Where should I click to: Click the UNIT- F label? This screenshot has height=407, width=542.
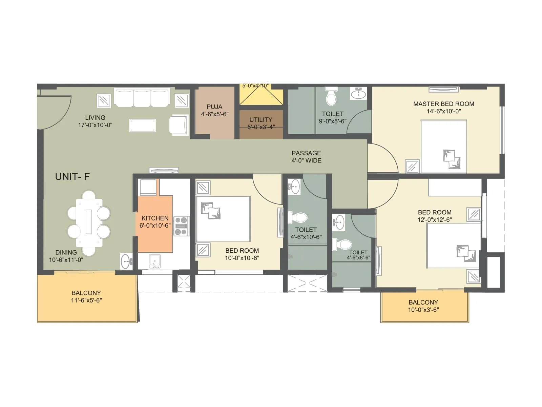point(72,176)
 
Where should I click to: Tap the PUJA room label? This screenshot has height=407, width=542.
point(214,107)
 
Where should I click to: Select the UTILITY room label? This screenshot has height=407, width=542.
point(261,120)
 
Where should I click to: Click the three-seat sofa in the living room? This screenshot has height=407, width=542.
point(142,98)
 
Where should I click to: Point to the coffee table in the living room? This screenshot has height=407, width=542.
point(143,125)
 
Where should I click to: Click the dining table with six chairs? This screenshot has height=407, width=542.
point(89,223)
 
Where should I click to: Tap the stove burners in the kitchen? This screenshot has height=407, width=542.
point(181,226)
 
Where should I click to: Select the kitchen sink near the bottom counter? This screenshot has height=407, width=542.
point(154,261)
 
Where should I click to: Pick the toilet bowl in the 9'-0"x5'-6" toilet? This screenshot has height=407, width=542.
point(331,98)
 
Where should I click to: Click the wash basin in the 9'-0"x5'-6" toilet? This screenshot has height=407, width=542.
point(358,93)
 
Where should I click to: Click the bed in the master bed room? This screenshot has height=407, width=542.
point(443,147)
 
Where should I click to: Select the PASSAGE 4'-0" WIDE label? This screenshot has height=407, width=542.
point(306,157)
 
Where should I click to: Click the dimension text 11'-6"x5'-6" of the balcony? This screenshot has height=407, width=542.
point(86,300)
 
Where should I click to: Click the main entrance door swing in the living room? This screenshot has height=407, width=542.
point(54,112)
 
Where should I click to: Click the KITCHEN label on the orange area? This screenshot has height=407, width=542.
point(155,218)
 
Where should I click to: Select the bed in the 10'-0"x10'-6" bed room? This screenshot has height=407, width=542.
point(223,219)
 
